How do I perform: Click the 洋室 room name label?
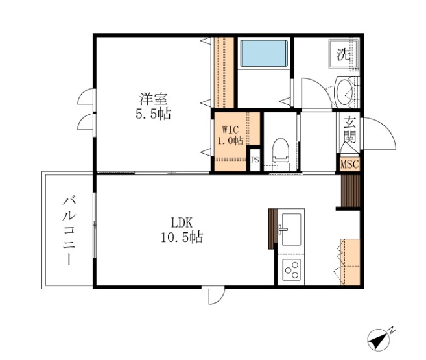point(154,100)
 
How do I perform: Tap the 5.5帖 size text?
point(154,115)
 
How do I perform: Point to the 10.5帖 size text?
point(182,237)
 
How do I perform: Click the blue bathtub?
point(263,54)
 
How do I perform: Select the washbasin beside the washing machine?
point(344,93)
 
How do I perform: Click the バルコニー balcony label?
point(67,231)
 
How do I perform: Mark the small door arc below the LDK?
point(213,296)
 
